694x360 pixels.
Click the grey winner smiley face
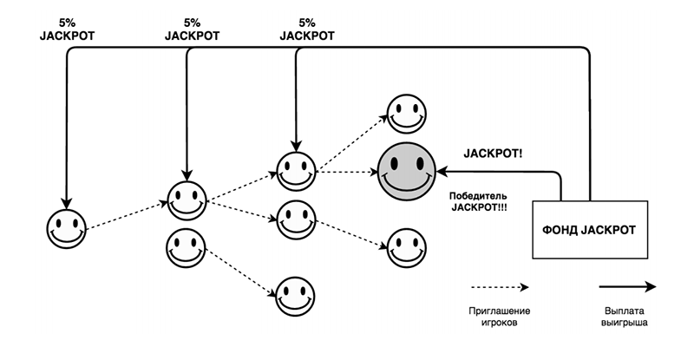tap(407, 170)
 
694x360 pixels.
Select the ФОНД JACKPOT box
tap(590, 230)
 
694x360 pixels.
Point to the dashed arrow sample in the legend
tap(499, 286)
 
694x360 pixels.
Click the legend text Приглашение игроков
tap(500, 317)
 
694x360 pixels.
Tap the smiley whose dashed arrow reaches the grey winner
tap(295, 169)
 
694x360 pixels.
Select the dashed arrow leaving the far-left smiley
tap(126, 217)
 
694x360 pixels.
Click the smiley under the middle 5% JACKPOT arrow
tap(187, 200)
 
